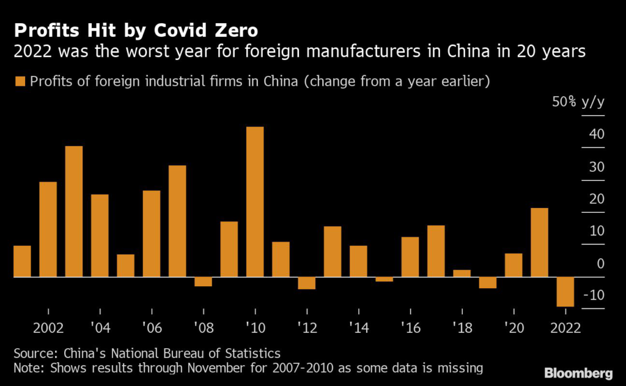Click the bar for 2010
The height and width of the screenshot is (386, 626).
tap(255, 202)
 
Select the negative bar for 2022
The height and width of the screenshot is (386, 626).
tap(565, 292)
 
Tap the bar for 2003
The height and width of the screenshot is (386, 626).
tap(74, 212)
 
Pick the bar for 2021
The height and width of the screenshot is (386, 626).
tap(539, 243)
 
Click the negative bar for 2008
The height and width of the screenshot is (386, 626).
tap(203, 282)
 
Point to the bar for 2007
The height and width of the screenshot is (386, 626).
tap(177, 221)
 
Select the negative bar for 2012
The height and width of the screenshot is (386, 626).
tap(306, 283)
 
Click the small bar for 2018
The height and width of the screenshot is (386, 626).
tap(462, 273)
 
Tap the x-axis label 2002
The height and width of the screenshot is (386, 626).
tap(48, 327)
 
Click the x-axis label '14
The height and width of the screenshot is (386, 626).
tap(358, 327)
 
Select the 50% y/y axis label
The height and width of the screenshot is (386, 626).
tap(578, 102)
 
